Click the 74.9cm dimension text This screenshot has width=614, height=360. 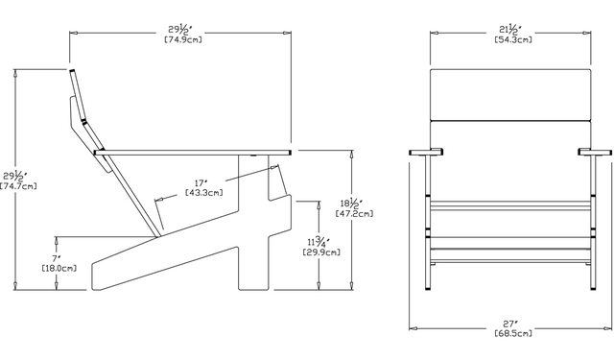point(183,39)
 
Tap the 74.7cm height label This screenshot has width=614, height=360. point(18,186)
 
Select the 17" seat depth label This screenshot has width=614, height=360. point(201,183)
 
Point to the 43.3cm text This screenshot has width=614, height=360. point(204,193)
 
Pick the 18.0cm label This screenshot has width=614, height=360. point(59,269)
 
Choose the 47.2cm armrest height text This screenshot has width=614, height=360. point(354,214)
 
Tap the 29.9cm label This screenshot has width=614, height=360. point(321,252)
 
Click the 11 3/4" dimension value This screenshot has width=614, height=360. point(319,242)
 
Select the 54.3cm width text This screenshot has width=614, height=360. point(513,39)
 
